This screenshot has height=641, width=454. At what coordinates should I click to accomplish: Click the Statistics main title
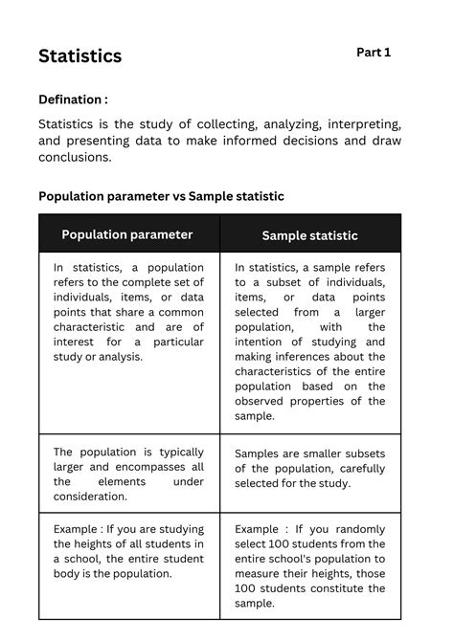pos(80,56)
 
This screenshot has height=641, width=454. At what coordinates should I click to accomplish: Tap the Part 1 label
pos(374,53)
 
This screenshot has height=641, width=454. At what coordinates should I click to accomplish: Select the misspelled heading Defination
pos(73,99)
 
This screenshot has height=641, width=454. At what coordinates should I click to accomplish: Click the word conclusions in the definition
pos(75,158)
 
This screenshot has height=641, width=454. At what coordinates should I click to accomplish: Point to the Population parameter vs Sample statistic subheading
pos(161,196)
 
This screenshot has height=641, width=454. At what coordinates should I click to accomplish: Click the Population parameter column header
pos(127,234)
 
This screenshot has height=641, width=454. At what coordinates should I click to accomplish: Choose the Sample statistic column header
pos(309,235)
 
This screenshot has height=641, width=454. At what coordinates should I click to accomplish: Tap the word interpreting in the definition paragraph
pos(343,124)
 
